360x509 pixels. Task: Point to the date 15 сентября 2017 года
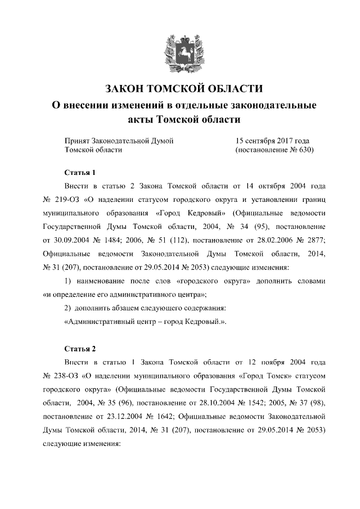tap(272, 141)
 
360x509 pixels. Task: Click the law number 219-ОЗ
tap(68, 200)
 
